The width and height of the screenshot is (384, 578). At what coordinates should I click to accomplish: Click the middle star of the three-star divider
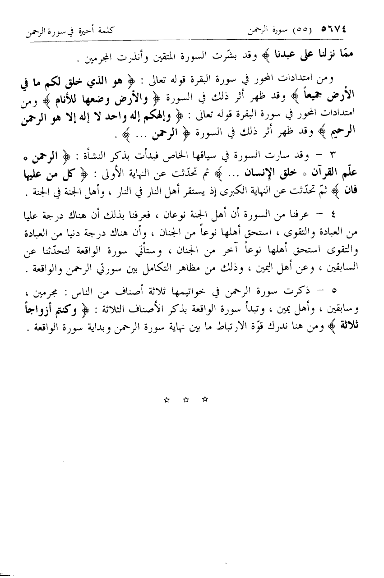tap(185, 399)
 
